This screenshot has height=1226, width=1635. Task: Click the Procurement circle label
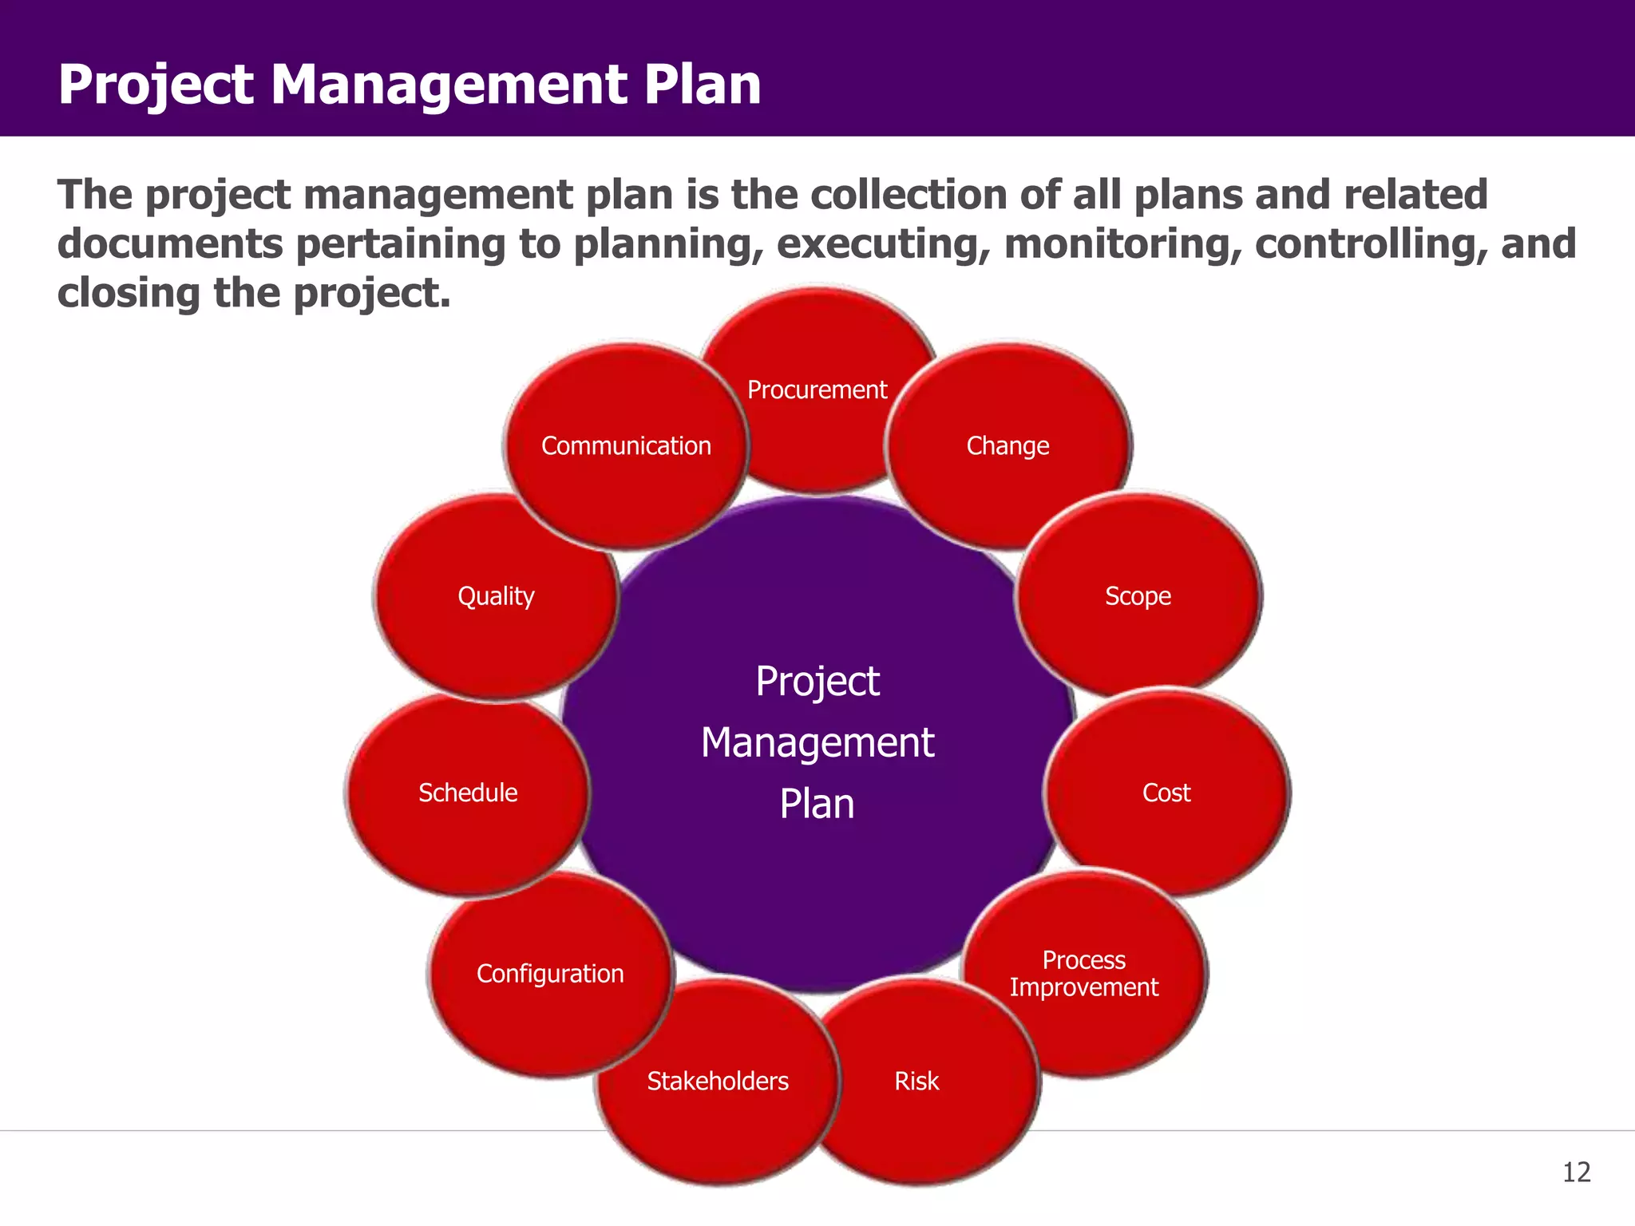pyautogui.click(x=817, y=390)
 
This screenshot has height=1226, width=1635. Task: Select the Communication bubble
pyautogui.click(x=626, y=445)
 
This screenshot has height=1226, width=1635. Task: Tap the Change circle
pyautogui.click(x=1008, y=445)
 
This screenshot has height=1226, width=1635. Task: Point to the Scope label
pyautogui.click(x=1138, y=595)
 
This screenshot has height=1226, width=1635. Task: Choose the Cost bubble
pyautogui.click(x=1166, y=793)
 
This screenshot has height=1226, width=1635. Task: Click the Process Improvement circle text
pyautogui.click(x=1083, y=973)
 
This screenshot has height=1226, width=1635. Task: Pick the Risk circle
pyautogui.click(x=916, y=1081)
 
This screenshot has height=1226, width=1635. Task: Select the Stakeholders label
pyautogui.click(x=718, y=1081)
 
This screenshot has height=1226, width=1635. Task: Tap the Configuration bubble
pyautogui.click(x=550, y=974)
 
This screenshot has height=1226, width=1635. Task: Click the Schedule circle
pyautogui.click(x=468, y=793)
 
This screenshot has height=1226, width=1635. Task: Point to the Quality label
pyautogui.click(x=496, y=595)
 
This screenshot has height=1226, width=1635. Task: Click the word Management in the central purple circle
pyautogui.click(x=817, y=743)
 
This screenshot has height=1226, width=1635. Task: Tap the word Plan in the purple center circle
pyautogui.click(x=817, y=804)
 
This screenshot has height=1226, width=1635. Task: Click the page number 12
pyautogui.click(x=1576, y=1173)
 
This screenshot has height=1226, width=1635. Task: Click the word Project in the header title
pyautogui.click(x=156, y=84)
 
